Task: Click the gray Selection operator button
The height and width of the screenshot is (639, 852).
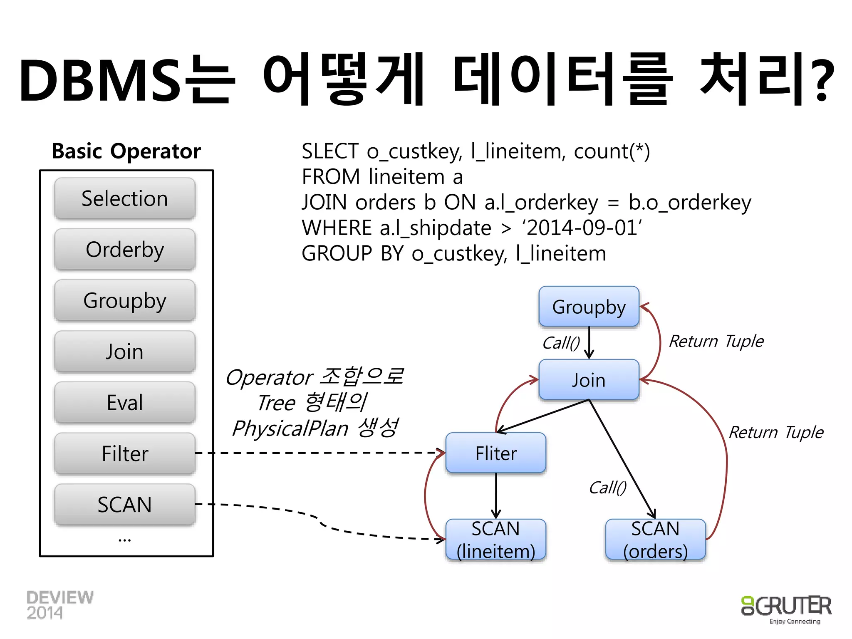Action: tap(125, 198)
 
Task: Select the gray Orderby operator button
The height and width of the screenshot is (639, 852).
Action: tap(125, 250)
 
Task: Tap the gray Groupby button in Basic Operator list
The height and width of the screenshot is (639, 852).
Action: tap(125, 300)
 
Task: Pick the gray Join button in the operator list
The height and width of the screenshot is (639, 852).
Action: tap(125, 352)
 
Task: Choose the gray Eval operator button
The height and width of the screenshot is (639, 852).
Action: tap(125, 403)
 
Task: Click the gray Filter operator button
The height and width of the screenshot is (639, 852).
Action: tap(125, 453)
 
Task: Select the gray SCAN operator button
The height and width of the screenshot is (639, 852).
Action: tap(125, 505)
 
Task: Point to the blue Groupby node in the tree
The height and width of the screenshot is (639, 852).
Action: tap(589, 307)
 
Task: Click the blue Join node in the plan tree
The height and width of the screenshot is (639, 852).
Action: tap(589, 380)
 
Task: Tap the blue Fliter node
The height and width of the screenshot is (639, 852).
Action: tap(495, 453)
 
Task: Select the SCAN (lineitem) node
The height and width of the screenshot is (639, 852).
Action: tap(495, 540)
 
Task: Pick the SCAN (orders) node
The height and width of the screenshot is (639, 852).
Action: tap(655, 540)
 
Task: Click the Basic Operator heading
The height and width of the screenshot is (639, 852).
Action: tap(126, 151)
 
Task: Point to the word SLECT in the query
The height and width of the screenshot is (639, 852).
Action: tap(330, 151)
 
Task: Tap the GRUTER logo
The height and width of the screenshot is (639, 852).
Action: tap(786, 607)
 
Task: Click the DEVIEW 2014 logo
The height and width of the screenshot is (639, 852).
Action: tap(59, 605)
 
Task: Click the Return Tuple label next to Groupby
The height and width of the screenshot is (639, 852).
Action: tap(716, 342)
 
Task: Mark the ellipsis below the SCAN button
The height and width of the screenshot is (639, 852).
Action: tap(124, 540)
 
